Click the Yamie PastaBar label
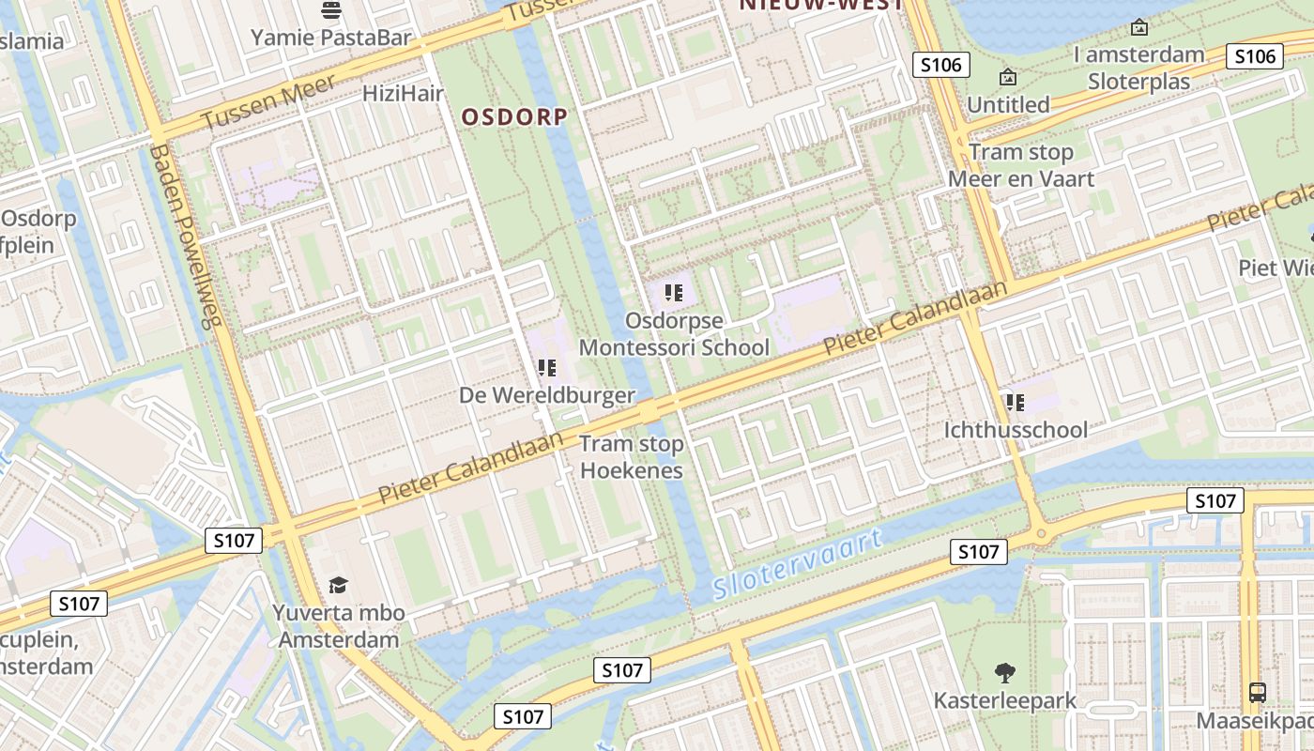tap(330, 38)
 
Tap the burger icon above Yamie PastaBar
tap(330, 10)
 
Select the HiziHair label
tap(403, 93)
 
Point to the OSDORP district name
tap(514, 116)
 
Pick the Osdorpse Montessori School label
tap(673, 333)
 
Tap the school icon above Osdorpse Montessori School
tap(672, 293)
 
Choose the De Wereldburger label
tap(547, 395)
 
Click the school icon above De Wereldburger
tap(547, 368)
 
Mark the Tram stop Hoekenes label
tap(632, 456)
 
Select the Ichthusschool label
tap(1016, 430)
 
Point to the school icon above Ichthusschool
tap(1015, 403)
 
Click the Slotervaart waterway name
tap(798, 565)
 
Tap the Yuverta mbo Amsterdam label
tap(338, 626)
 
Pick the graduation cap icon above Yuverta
tap(338, 586)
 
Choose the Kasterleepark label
tap(1005, 700)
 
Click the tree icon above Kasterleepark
tap(1005, 672)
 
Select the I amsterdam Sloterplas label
tap(1138, 68)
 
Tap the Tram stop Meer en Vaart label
tap(1020, 165)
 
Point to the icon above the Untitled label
tap(1008, 77)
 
